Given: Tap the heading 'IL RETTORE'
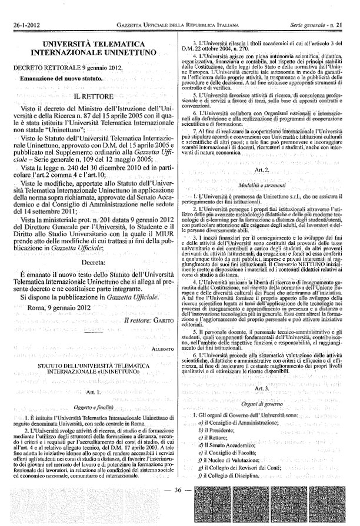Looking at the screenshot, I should [92, 94].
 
